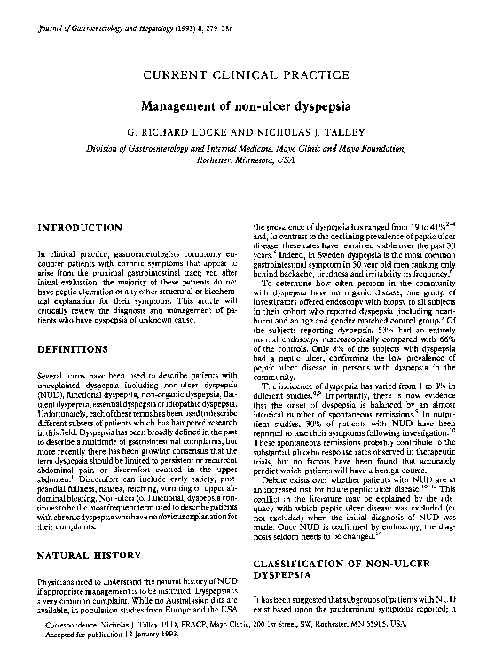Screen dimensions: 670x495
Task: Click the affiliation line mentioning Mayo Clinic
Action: coord(247,151)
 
